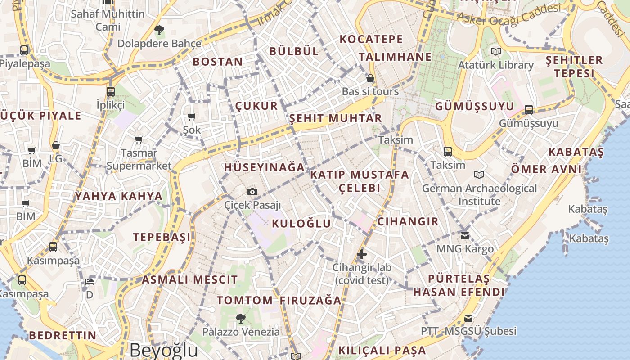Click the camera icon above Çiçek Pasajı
tap(252, 192)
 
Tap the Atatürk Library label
tap(495, 65)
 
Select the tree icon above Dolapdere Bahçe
tap(159, 31)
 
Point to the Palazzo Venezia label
tap(241, 332)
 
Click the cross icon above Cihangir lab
tap(362, 255)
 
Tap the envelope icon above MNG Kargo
tap(465, 235)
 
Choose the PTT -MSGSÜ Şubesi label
tap(468, 331)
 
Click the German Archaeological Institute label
tap(479, 194)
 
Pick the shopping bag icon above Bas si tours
tap(370, 79)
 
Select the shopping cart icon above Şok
tap(192, 117)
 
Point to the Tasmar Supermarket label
tap(139, 159)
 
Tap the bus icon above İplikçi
tap(111, 92)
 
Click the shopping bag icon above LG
tap(56, 145)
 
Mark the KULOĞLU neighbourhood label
tap(301, 223)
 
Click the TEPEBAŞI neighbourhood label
tap(162, 237)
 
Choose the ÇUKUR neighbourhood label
tap(256, 106)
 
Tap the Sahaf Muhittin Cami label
tap(108, 20)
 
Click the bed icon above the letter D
tap(90, 282)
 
